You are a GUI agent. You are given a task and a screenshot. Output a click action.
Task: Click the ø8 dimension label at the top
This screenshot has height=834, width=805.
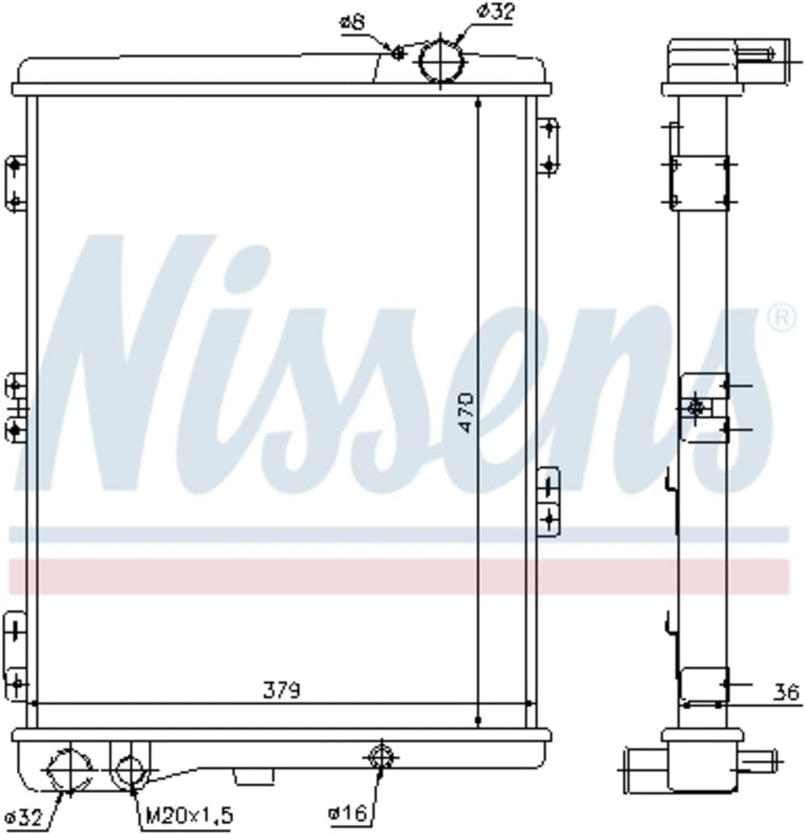[x=353, y=23]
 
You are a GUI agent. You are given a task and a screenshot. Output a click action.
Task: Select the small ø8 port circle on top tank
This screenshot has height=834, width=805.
[x=398, y=53]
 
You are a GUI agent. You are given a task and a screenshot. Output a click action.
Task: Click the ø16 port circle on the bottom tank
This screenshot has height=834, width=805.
[x=381, y=758]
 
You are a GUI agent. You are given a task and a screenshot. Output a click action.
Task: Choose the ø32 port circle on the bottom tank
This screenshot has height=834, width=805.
[x=69, y=771]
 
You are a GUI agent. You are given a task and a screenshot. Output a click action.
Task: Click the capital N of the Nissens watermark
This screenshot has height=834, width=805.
[x=127, y=365]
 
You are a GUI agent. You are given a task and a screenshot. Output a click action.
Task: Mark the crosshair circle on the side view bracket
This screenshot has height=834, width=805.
[x=696, y=408]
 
